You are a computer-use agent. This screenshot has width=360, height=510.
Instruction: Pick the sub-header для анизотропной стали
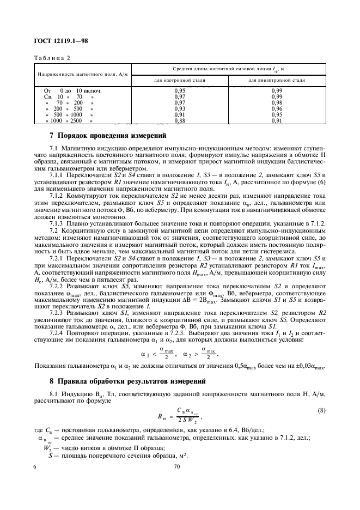point(276,80)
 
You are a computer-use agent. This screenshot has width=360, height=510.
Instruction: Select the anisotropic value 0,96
point(276,108)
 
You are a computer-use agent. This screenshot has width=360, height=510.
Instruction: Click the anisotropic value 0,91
point(276,121)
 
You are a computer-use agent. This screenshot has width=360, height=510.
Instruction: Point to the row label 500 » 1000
point(74,115)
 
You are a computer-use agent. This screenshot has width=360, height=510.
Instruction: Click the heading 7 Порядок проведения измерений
point(108,136)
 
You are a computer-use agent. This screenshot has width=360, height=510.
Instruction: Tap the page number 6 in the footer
point(35,467)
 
